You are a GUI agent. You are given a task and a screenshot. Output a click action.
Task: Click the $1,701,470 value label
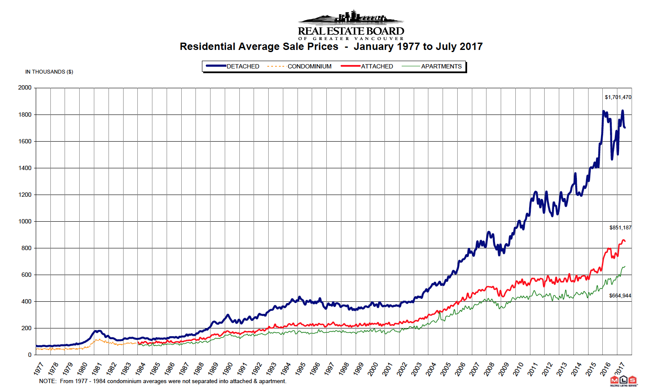pyautogui.click(x=618, y=97)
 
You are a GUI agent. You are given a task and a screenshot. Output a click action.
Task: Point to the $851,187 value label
pyautogui.click(x=620, y=228)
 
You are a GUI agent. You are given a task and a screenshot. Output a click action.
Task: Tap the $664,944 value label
pyautogui.click(x=620, y=296)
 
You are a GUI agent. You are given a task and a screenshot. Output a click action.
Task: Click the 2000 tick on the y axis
pyautogui.click(x=25, y=88)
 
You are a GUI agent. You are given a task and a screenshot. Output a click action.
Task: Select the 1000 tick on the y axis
pyautogui.click(x=25, y=221)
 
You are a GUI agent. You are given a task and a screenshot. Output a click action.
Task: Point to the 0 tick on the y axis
pyautogui.click(x=30, y=355)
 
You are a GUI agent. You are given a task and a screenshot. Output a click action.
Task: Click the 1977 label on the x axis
pyautogui.click(x=39, y=369)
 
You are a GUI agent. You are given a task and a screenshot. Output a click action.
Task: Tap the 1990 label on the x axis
pyautogui.click(x=228, y=369)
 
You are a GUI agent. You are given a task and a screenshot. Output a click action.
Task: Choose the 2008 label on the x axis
pyautogui.click(x=490, y=369)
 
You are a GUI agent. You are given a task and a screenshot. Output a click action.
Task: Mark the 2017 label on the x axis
pyautogui.click(x=620, y=369)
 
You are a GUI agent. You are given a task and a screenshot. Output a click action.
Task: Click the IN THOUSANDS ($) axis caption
pyautogui.click(x=49, y=72)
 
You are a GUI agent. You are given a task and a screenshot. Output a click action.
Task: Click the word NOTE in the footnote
pyautogui.click(x=47, y=381)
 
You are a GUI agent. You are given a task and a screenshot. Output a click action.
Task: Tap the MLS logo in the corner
pyautogui.click(x=623, y=381)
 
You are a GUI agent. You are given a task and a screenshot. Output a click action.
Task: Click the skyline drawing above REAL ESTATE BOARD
pyautogui.click(x=351, y=17)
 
